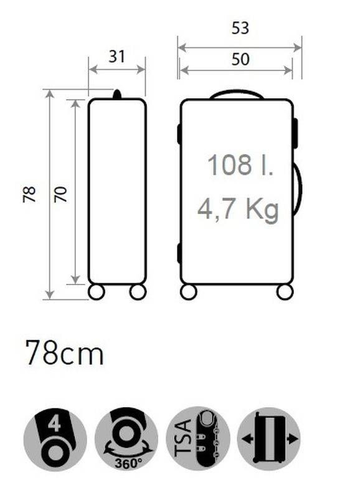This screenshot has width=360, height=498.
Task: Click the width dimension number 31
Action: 116,56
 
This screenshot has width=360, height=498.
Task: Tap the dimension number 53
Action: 240,28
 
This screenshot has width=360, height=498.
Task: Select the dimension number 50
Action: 240,59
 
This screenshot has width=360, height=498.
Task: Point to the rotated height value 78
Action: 30,194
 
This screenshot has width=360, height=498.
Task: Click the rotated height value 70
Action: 60,194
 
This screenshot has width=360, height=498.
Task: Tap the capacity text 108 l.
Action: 240,166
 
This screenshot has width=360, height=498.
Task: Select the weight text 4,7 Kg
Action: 238,209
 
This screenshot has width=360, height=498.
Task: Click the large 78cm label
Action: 64,354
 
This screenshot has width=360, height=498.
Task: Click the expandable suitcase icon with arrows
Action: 269,439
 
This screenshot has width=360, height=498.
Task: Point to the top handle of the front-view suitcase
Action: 237,94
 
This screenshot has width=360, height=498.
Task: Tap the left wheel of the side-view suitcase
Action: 97,291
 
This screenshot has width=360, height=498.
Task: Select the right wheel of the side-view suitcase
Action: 138,291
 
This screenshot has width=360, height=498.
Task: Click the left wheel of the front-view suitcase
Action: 189,291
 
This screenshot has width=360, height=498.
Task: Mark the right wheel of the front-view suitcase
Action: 285,291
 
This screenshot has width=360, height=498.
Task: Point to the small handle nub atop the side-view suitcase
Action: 116,95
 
